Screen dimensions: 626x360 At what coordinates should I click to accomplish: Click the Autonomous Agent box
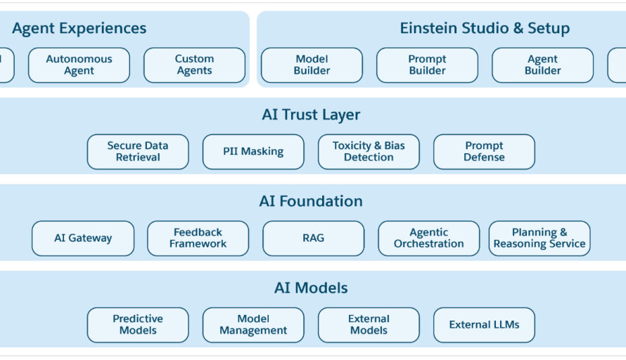79,65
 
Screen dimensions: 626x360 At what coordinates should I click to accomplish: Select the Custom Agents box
194,65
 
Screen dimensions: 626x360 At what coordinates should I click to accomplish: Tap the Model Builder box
312,65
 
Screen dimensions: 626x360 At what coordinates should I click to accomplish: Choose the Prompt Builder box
427,65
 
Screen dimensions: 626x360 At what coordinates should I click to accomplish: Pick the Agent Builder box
542,65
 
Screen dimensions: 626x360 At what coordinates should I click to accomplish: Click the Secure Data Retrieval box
138,152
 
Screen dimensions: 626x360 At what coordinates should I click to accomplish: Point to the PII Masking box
253,152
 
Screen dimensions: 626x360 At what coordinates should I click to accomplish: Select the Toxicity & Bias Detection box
369,152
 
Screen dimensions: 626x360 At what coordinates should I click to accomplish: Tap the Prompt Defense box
484,152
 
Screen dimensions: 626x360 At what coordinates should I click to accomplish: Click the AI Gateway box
83,238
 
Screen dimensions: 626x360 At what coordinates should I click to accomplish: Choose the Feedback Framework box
198,238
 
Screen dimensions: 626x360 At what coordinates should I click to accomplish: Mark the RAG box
314,238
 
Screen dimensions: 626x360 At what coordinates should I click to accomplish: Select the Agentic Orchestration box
429,238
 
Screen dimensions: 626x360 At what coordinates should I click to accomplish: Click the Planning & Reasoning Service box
539,238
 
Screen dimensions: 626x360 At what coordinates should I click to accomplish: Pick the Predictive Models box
138,325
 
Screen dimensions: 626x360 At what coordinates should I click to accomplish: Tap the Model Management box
253,325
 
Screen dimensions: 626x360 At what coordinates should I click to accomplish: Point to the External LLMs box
484,325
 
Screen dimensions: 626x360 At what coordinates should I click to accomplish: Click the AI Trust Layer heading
311,115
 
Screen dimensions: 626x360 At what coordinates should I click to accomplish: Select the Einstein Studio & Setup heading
485,28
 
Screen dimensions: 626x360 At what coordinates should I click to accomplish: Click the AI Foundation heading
311,201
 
